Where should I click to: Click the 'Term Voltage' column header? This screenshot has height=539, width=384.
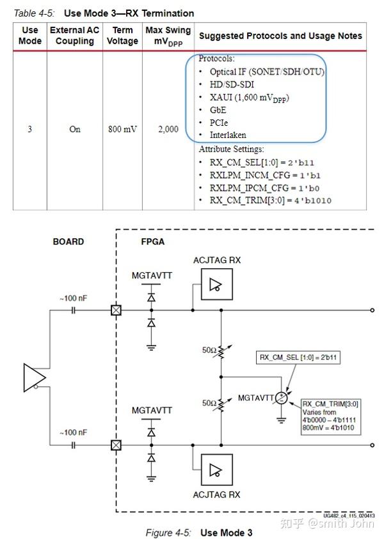[x=122, y=36]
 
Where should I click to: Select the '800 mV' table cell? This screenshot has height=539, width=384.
[x=122, y=129]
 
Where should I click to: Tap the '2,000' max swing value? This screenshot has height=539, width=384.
[x=168, y=129]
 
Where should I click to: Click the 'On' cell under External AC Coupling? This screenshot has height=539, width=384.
[x=75, y=129]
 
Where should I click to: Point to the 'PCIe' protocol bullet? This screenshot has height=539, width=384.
[x=218, y=122]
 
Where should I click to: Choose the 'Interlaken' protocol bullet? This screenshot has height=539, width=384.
[x=227, y=135]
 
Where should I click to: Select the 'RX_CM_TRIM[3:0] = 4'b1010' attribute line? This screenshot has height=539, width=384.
[x=270, y=201]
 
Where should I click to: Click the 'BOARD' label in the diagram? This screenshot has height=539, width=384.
[x=68, y=242]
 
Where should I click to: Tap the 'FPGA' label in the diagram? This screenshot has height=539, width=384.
[x=153, y=242]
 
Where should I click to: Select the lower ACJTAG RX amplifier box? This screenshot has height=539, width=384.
[x=216, y=470]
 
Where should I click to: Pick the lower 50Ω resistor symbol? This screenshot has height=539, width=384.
[x=220, y=404]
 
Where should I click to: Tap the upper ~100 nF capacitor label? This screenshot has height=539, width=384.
[x=72, y=298]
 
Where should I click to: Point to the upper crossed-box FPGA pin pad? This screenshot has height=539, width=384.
[x=116, y=310]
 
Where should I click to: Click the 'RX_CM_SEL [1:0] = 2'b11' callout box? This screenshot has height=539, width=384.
[x=298, y=358]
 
